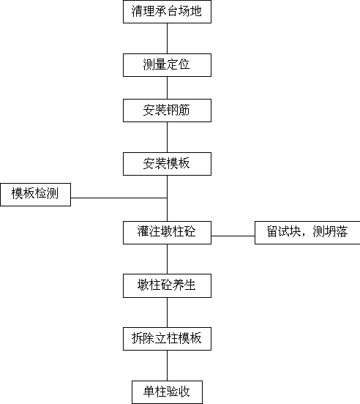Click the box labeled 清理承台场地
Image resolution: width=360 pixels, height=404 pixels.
tap(167, 12)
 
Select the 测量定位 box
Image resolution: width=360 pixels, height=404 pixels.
tap(167, 65)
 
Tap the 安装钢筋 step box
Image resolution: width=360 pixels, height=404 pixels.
tap(167, 111)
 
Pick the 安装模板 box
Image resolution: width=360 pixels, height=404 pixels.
tap(167, 164)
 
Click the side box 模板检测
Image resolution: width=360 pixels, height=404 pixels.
tap(36, 195)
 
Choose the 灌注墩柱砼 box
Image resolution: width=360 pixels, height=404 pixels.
tap(167, 233)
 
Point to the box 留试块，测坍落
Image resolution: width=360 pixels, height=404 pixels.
tap(307, 233)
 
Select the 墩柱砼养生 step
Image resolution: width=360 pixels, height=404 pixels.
tap(167, 285)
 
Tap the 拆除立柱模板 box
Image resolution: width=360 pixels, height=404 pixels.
tap(167, 339)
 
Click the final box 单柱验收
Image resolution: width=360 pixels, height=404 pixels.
tap(167, 392)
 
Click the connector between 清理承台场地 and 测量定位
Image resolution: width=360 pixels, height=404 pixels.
tap(167, 38)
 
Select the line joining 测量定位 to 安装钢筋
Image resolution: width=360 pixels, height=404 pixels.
tap(167, 88)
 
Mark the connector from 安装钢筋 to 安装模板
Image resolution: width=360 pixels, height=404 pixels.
tap(167, 138)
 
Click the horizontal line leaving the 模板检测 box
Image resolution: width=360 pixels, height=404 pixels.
tap(119, 198)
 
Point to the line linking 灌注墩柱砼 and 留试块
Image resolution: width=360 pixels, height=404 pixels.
tap(233, 236)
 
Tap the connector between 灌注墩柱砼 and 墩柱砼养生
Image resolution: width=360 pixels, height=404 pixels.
tap(167, 259)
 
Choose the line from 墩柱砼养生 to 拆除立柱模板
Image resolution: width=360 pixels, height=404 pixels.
tap(167, 313)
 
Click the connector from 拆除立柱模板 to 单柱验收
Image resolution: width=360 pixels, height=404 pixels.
tap(167, 366)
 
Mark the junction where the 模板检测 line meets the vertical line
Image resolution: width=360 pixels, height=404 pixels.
tap(167, 198)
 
